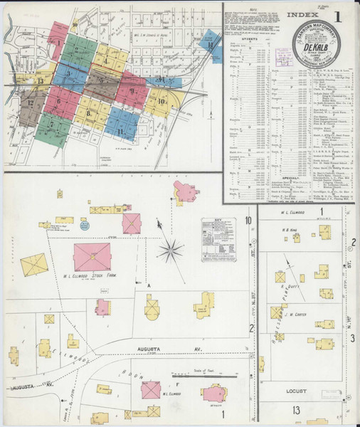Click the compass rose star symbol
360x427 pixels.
[x=171, y=249]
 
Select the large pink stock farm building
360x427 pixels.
[x=92, y=257]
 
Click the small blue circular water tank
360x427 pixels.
[x=84, y=226]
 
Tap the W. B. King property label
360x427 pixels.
[x=287, y=229]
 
